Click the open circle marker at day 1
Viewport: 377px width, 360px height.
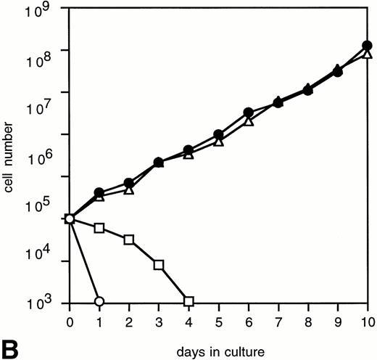pos(99,301)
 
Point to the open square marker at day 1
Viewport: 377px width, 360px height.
pos(99,228)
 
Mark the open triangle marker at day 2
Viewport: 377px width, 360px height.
pos(129,190)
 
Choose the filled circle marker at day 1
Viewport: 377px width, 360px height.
pos(99,192)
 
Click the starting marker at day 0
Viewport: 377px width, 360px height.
pos(70,218)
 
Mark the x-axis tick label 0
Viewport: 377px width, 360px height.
pos(70,320)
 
